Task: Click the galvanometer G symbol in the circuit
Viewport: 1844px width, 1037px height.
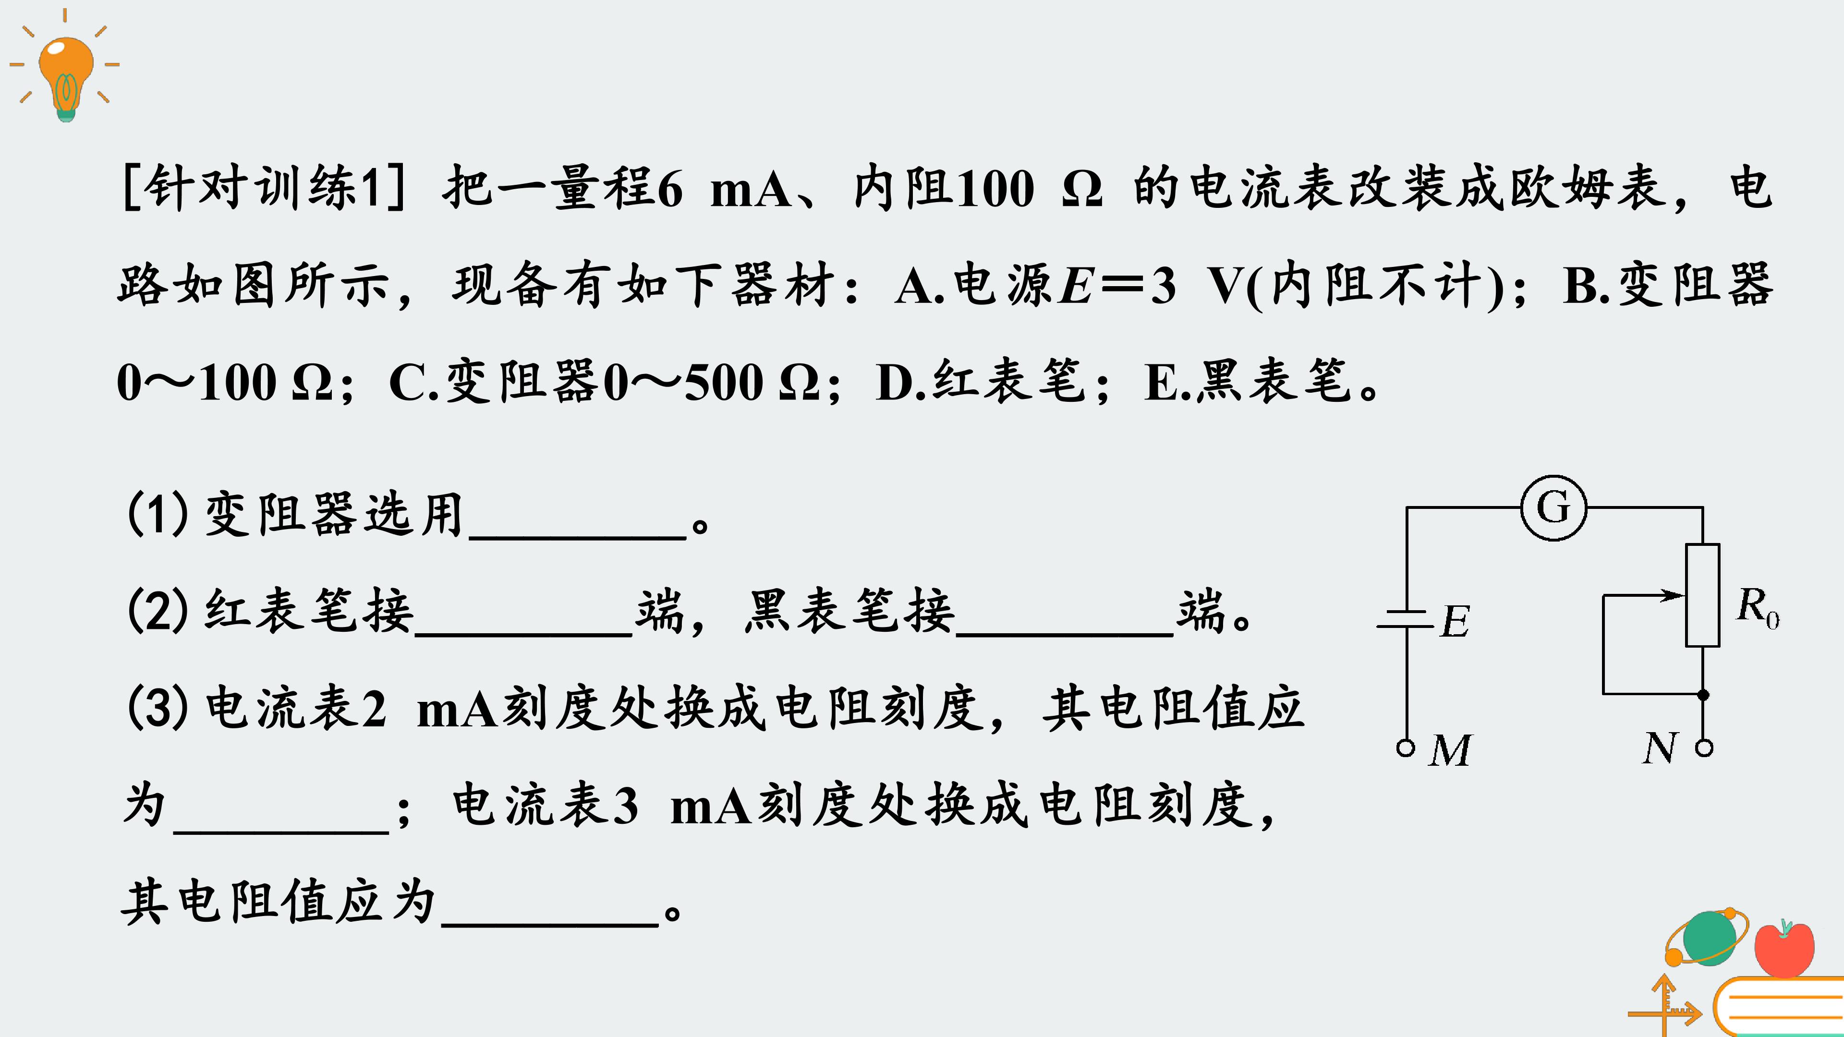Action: [1553, 508]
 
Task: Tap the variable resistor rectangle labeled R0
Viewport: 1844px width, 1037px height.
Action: [1702, 595]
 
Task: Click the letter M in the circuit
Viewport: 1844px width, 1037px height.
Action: [1450, 750]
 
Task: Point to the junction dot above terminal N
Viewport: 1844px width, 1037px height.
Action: [1703, 694]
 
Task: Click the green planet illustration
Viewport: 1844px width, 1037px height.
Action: [1709, 938]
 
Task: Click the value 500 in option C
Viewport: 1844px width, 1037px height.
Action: [724, 382]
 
